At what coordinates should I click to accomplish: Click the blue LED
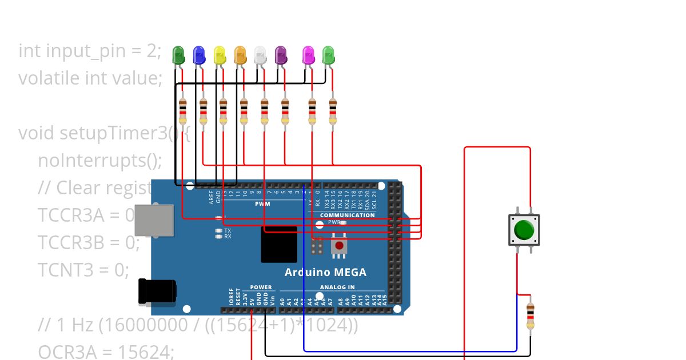click(x=199, y=55)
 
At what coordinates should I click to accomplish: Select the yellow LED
click(x=220, y=55)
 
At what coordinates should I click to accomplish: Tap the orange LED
click(x=240, y=55)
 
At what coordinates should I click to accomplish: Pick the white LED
click(x=260, y=55)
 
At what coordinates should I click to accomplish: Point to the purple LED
click(x=281, y=55)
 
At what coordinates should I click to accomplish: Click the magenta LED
click(x=308, y=55)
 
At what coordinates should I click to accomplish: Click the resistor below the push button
click(x=530, y=315)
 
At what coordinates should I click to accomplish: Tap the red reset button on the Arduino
click(x=339, y=246)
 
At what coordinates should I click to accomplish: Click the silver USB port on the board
click(x=154, y=220)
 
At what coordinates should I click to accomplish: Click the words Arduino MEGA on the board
click(x=325, y=272)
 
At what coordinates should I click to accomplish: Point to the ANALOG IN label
click(x=337, y=287)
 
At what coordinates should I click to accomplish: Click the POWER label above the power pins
click(x=261, y=287)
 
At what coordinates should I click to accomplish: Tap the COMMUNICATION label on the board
click(x=347, y=215)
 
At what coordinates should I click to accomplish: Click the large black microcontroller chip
click(x=279, y=244)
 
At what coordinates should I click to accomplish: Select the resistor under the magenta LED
click(x=312, y=111)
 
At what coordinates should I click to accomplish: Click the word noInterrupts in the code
click(x=100, y=160)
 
